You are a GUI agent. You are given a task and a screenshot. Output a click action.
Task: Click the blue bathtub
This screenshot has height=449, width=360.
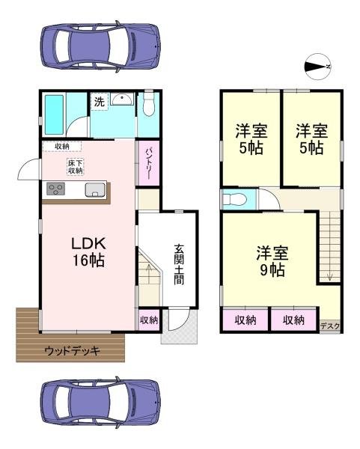point(55,113)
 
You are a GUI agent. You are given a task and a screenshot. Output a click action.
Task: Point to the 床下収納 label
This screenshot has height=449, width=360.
point(75,167)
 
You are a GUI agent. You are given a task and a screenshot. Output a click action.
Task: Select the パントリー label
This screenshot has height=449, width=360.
point(147,164)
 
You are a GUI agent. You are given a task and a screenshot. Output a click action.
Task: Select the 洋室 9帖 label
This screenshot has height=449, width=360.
point(269,260)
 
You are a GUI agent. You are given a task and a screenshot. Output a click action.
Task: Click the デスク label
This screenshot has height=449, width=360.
point(329,326)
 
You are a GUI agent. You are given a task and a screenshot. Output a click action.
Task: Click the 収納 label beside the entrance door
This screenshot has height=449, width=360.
point(149,320)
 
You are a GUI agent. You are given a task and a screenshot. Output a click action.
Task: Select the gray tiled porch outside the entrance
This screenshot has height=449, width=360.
point(180,329)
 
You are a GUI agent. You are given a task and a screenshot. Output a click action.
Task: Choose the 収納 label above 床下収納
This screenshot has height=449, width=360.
point(61,146)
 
